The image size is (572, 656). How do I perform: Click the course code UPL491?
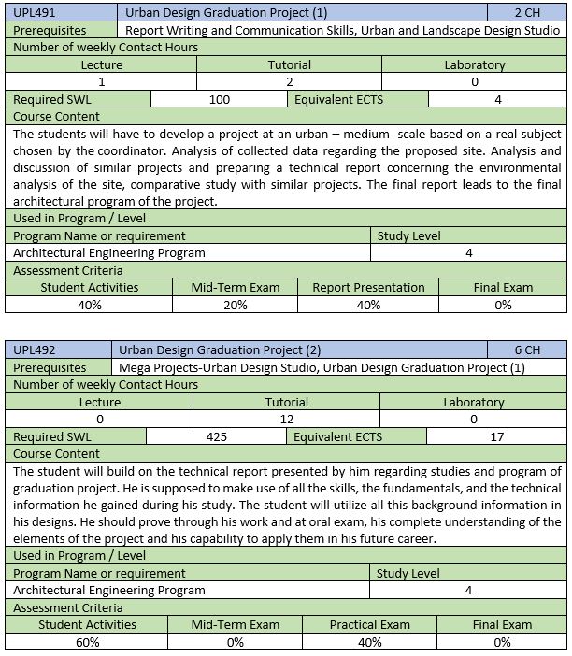coord(34,13)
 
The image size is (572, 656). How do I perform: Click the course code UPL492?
coord(34,350)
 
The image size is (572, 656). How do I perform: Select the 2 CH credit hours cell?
coord(527,13)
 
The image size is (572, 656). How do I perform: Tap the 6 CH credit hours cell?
coord(527,350)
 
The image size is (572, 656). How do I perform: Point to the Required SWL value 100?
coord(220,100)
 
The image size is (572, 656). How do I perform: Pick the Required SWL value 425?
coord(217,436)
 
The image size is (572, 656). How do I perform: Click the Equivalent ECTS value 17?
coord(497,436)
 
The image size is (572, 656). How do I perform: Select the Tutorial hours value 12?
coord(287,420)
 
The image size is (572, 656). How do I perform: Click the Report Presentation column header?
coord(368,288)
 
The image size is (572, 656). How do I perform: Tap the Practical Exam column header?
coord(370,625)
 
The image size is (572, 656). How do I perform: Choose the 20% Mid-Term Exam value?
coord(236,305)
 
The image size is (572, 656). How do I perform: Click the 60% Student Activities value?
coord(87,642)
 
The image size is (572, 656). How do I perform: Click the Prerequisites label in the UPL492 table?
coord(50,368)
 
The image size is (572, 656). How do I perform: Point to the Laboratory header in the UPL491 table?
coord(475,65)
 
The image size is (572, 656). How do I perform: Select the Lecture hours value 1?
coord(101,82)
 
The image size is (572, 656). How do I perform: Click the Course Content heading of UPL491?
coord(57,117)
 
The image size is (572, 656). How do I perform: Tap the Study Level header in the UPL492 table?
coord(408,573)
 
